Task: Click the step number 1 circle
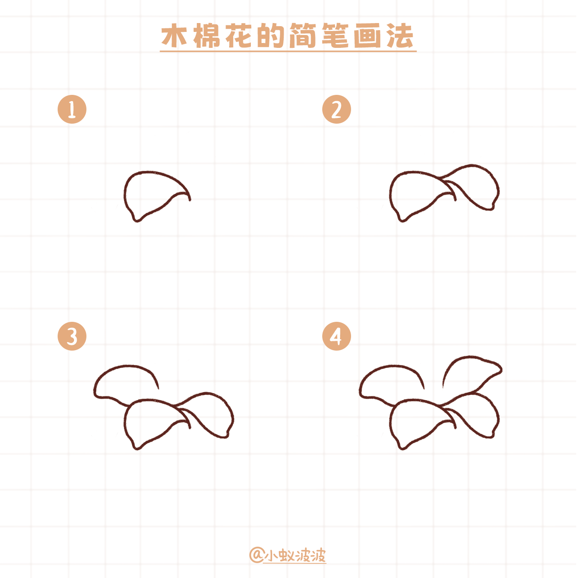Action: (x=72, y=109)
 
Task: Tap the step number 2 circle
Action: (x=336, y=109)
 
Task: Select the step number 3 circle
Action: (x=72, y=336)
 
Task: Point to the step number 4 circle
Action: (x=336, y=336)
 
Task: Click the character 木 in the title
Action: (x=174, y=36)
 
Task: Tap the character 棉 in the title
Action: (x=207, y=36)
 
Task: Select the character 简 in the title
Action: (x=304, y=36)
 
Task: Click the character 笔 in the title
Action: (x=336, y=36)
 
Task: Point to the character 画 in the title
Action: (x=368, y=36)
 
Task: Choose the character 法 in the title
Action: (x=400, y=36)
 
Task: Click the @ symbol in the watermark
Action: (x=256, y=555)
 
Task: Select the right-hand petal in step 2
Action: (x=476, y=186)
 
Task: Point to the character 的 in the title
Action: (x=271, y=36)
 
